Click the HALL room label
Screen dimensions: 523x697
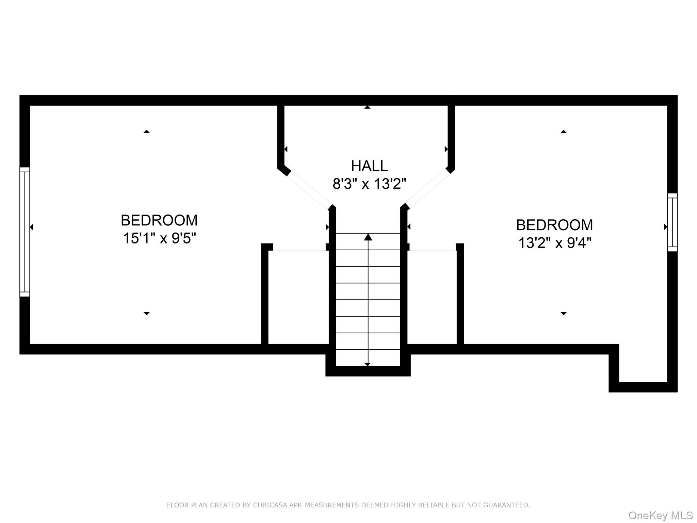(369, 166)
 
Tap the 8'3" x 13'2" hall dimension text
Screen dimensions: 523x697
(369, 184)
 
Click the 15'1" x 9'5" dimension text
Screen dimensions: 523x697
(159, 238)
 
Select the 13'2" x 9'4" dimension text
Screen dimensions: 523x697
(554, 243)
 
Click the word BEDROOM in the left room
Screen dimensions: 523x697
(159, 220)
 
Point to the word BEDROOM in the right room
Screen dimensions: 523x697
(554, 225)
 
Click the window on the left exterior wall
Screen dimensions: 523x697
(25, 232)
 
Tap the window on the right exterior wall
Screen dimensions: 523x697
(672, 222)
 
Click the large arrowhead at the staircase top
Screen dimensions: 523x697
(368, 237)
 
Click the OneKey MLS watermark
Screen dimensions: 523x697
(661, 515)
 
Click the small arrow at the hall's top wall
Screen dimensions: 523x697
(367, 107)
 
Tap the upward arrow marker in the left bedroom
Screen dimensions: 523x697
(146, 131)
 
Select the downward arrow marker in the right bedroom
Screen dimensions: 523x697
(563, 313)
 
